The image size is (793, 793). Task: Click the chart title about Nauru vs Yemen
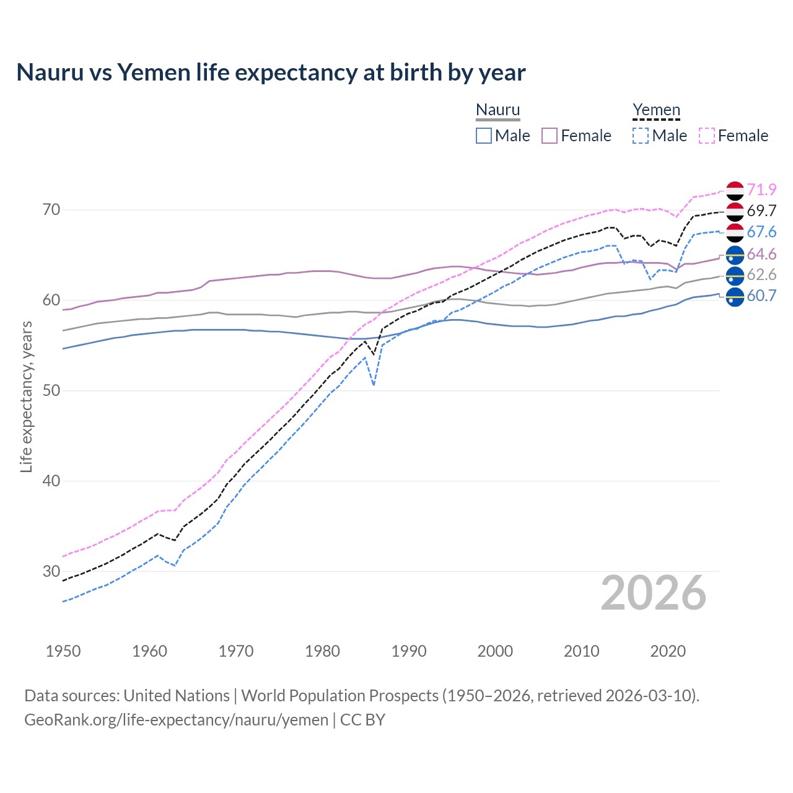coord(271,72)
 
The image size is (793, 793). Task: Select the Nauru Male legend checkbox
coord(484,136)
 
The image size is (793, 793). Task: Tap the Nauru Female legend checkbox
coord(550,136)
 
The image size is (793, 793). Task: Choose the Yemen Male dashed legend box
coord(641,136)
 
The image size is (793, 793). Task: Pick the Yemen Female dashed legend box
coord(707,136)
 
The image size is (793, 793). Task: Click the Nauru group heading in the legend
coord(497,110)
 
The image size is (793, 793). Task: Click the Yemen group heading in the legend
coord(656,110)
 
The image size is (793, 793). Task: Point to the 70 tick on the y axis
coord(51,210)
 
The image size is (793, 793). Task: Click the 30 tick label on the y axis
coord(51,571)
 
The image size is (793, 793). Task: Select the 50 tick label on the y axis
coord(51,390)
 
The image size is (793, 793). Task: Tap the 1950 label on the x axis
coord(63,651)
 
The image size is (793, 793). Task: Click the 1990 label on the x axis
coord(409,651)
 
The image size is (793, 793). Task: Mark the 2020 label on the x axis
coord(668,651)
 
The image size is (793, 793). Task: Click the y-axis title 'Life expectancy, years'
coord(26,396)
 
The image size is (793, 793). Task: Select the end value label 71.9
coord(761,190)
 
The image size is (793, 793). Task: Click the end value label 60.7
coord(761,296)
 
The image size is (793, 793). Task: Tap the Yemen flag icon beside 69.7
coord(735,211)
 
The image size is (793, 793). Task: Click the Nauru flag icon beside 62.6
coord(735,275)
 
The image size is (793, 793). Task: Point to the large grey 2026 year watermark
coord(653,593)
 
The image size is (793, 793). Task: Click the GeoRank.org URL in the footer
coord(176,720)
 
